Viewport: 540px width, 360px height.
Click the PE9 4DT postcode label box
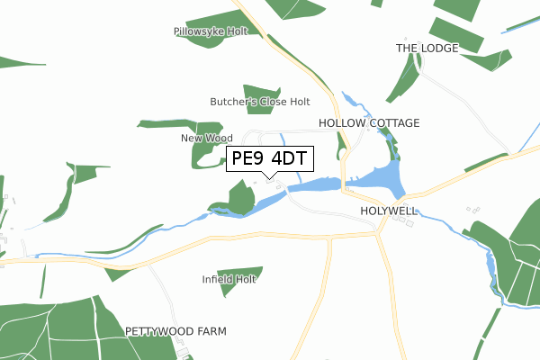(x=269, y=158)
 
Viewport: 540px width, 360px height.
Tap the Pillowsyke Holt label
(x=211, y=31)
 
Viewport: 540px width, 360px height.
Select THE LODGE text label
(x=427, y=48)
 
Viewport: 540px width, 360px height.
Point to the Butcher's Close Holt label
(x=260, y=102)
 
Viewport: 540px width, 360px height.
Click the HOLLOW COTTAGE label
(x=369, y=121)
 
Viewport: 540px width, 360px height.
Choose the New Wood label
(x=207, y=138)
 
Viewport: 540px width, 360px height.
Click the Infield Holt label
(x=229, y=279)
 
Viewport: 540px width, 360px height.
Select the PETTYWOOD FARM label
(x=175, y=331)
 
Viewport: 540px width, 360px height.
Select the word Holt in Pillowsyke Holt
(x=236, y=31)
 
